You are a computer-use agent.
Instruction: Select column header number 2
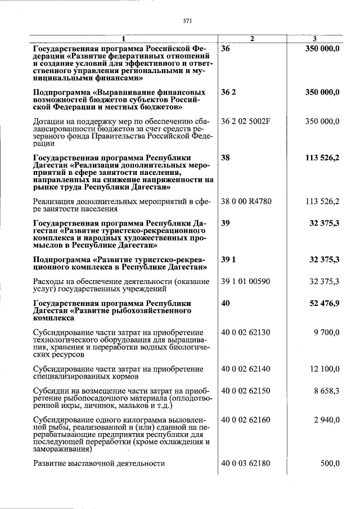(252, 38)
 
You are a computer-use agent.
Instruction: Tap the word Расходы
(49, 281)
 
